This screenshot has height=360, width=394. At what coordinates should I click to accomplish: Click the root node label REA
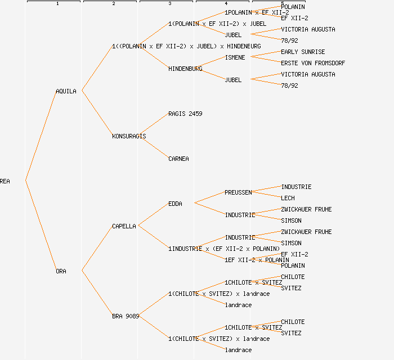coord(5,181)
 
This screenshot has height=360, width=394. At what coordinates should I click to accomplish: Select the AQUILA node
coord(66,91)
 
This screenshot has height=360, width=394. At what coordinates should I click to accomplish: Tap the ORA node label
coord(61,271)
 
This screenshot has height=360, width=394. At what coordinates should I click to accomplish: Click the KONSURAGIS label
coord(129,136)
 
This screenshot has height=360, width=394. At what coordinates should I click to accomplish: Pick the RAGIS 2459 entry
coord(185,114)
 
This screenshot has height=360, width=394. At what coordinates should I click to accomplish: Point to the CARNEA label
coord(178,159)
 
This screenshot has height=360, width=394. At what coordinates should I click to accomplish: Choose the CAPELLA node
coord(124,226)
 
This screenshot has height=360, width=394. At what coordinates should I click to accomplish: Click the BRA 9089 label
coord(126,316)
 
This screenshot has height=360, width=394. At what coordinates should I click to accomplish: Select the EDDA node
coord(175,204)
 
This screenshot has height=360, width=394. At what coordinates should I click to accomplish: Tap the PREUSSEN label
coord(238,192)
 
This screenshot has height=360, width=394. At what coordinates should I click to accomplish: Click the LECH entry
coord(288,198)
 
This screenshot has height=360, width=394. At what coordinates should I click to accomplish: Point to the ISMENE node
coord(235,57)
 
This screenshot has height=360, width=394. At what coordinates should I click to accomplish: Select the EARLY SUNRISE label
coord(303,52)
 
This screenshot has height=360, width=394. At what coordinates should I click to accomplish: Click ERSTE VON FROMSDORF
coord(313,63)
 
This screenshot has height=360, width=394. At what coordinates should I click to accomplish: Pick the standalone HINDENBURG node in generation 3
coord(185,69)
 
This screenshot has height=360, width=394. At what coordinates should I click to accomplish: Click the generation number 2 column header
coord(113,4)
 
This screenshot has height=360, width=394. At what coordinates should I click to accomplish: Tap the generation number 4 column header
coord(226,4)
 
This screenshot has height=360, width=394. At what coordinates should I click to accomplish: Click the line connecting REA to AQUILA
coord(41,135)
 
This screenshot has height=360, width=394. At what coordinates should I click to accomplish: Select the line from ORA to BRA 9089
coord(97,293)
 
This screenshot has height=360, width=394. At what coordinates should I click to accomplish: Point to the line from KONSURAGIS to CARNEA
coord(153,147)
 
